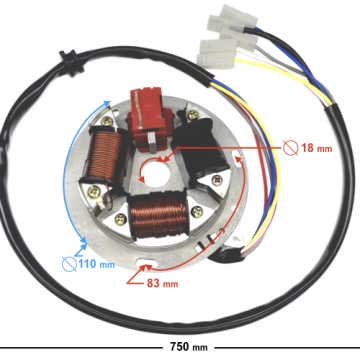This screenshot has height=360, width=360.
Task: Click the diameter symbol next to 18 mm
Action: coord(290,148)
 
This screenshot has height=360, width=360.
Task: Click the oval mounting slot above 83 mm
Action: coord(150,266)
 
